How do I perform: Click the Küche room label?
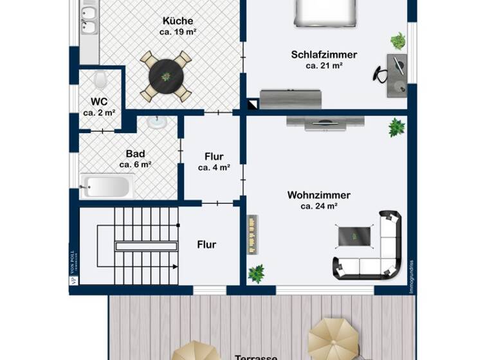(178, 21)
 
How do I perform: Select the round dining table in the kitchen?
(166, 76)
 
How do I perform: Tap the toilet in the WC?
(100, 80)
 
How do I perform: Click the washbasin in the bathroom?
(157, 122)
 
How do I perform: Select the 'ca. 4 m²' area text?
(214, 168)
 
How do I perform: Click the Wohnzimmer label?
(318, 195)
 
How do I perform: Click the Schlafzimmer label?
(324, 55)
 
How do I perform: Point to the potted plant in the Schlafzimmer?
(398, 41)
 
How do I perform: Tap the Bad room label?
(135, 154)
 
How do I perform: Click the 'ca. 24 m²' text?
(319, 206)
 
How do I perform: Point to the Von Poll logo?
(73, 271)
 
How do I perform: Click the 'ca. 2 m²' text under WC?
(99, 113)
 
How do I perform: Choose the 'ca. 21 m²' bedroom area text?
(324, 66)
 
